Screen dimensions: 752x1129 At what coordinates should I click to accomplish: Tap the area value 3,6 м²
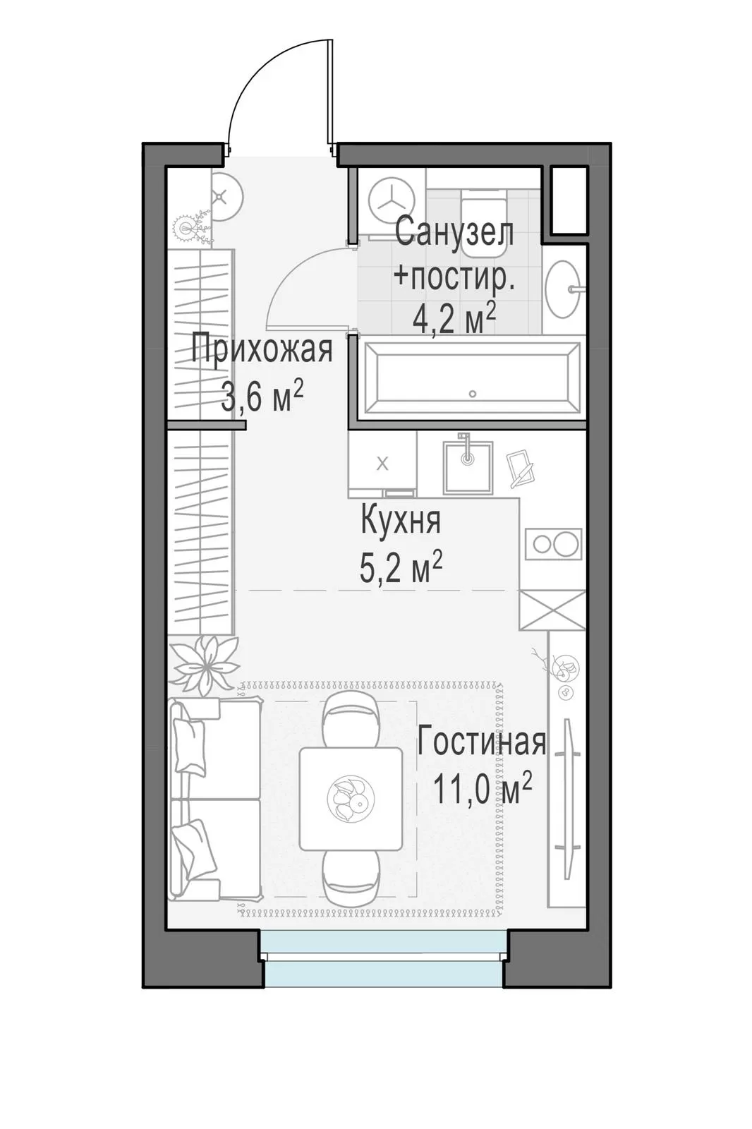(262, 396)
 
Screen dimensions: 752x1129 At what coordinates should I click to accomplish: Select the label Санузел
(454, 232)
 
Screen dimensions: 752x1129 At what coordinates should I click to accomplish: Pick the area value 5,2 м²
(401, 567)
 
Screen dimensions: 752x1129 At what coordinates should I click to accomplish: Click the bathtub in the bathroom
(472, 378)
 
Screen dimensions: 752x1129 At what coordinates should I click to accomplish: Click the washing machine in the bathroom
(392, 200)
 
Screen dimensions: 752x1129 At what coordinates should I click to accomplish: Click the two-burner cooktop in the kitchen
(553, 544)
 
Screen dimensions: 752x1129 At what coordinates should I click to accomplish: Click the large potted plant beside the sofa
(205, 665)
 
